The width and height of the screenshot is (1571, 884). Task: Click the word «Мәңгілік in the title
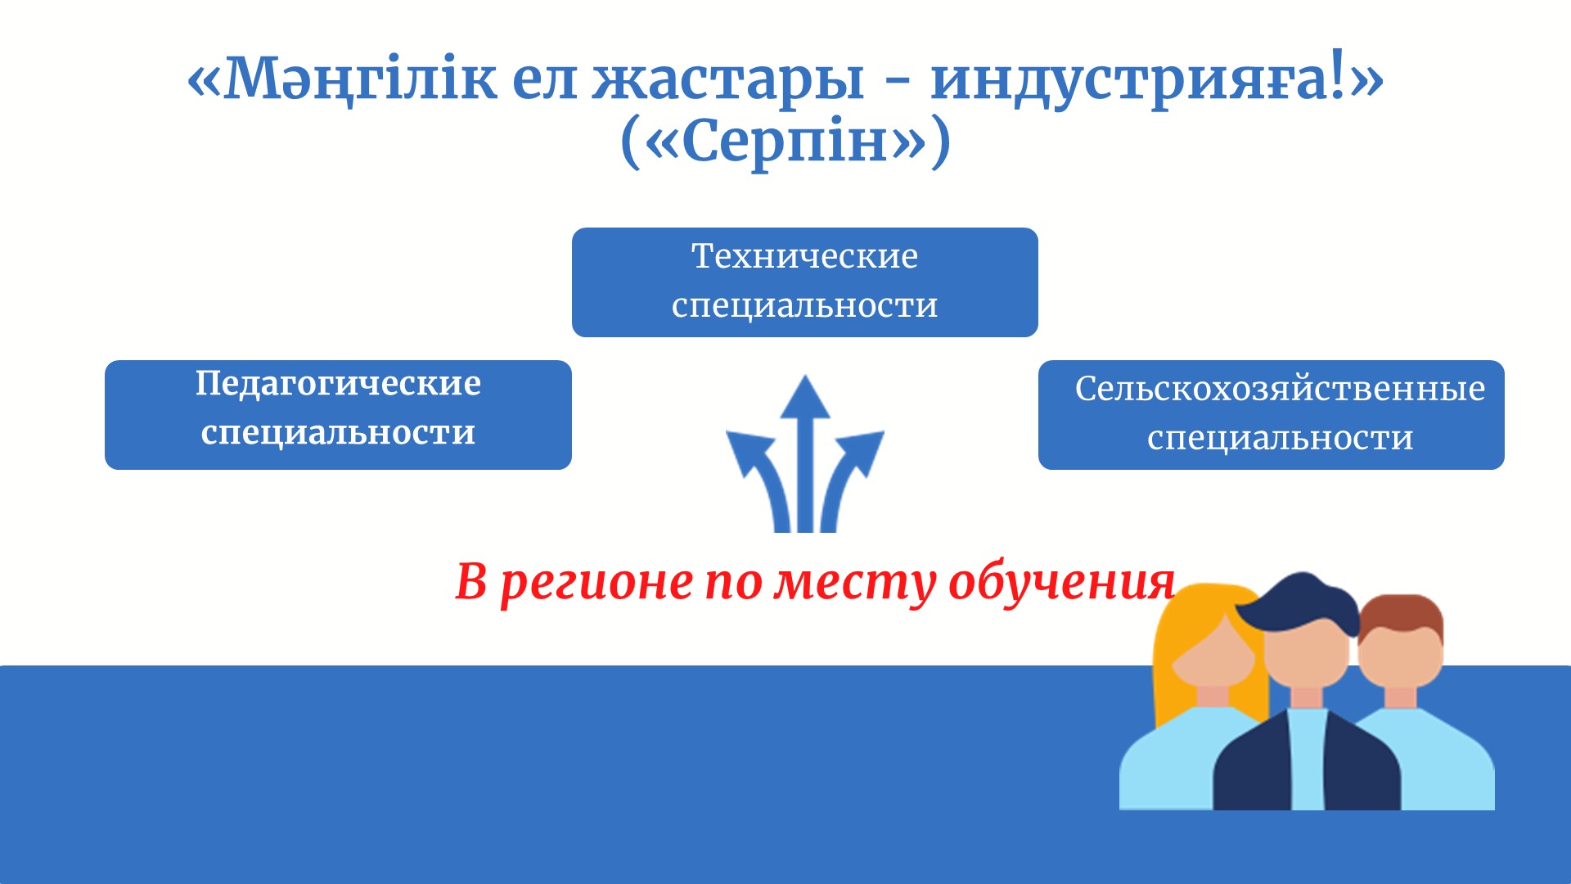pyautogui.click(x=342, y=79)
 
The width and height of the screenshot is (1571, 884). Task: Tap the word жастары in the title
pyautogui.click(x=728, y=79)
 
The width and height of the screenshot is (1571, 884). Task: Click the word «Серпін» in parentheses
pyautogui.click(x=785, y=141)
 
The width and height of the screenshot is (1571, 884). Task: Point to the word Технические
pyautogui.click(x=805, y=255)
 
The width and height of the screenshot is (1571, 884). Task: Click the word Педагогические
pyautogui.click(x=338, y=383)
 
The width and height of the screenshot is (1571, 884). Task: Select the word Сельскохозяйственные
pyautogui.click(x=1280, y=388)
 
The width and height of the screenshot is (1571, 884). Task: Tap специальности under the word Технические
pyautogui.click(x=805, y=305)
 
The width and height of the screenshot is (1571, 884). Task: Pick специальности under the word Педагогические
pyautogui.click(x=338, y=432)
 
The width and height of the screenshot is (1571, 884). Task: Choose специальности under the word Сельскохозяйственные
pyautogui.click(x=1280, y=438)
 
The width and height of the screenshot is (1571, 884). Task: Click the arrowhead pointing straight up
pyautogui.click(x=805, y=398)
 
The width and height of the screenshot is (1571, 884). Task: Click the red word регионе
pyautogui.click(x=596, y=583)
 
